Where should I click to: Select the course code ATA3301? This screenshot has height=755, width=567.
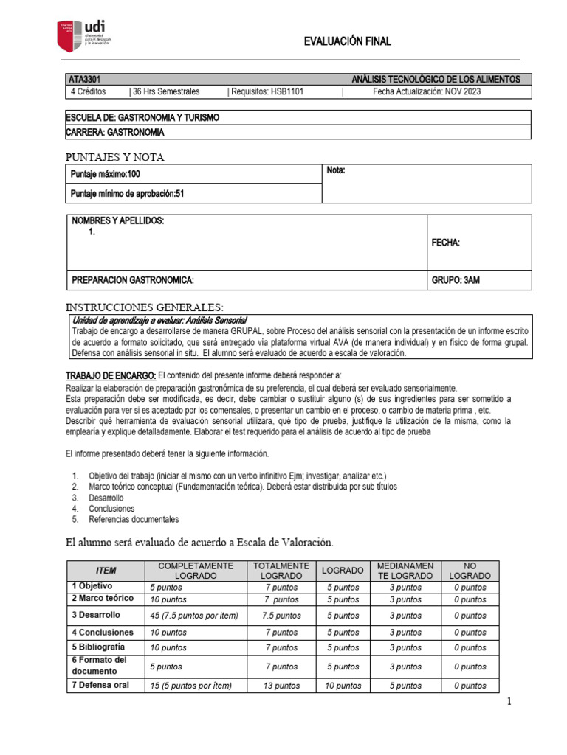point(83,79)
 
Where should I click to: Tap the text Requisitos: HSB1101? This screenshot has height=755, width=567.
point(267,91)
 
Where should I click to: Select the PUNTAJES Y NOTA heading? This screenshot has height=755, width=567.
point(115,157)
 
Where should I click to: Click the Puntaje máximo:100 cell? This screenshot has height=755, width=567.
point(105,175)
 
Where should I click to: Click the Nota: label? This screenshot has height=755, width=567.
point(336,171)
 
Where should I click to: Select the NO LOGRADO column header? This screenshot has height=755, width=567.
point(470,570)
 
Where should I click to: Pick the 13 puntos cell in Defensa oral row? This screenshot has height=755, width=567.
point(281,686)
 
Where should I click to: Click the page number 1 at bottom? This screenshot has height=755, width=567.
point(509,702)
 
